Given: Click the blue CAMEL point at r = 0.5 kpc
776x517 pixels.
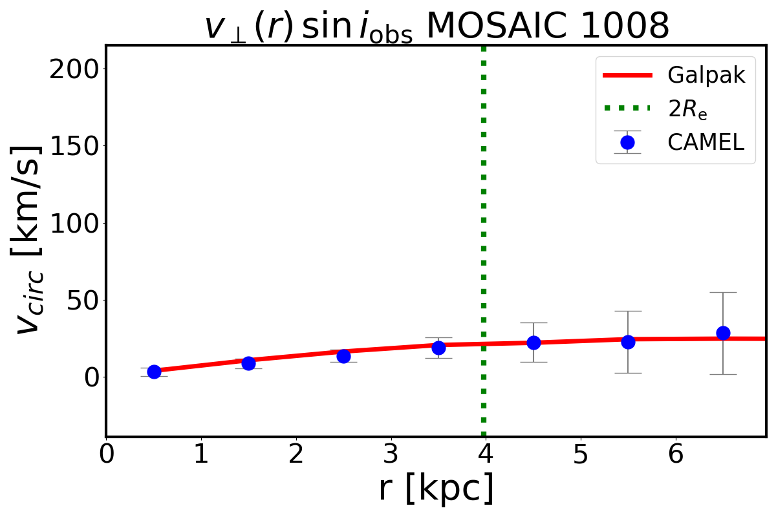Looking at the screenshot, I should coord(154,372).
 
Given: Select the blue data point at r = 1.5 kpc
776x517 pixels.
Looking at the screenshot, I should coord(248,363).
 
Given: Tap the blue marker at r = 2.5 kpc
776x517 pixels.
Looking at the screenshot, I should coord(343,356).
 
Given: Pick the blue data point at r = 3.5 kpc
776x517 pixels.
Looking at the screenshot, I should coord(438,348).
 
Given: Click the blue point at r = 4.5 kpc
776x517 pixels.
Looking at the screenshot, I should coord(533,343).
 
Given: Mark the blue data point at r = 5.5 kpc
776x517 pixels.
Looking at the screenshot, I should coord(628,342).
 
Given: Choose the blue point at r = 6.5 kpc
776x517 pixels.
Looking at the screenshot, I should coord(723,333).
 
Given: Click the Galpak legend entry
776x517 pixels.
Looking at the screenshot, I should coord(706,76).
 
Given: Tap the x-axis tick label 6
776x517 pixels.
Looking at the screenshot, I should coord(676,455).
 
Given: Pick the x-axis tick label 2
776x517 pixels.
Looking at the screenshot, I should coord(296,455).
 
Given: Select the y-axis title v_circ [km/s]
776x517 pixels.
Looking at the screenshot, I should coord(29,239).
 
